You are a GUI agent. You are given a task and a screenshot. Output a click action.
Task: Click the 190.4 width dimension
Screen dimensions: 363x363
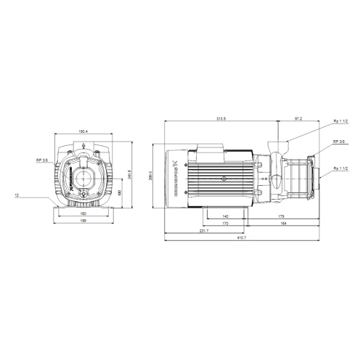[x=83, y=131]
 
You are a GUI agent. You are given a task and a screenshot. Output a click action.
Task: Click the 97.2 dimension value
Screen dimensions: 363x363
[x=299, y=118]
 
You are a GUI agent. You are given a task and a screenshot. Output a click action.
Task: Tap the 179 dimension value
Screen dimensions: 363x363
[x=280, y=216]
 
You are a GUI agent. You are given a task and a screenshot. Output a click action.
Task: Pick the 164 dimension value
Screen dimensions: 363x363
[x=283, y=224]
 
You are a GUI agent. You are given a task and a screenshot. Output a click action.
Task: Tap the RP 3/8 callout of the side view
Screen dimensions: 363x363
[x=338, y=142]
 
